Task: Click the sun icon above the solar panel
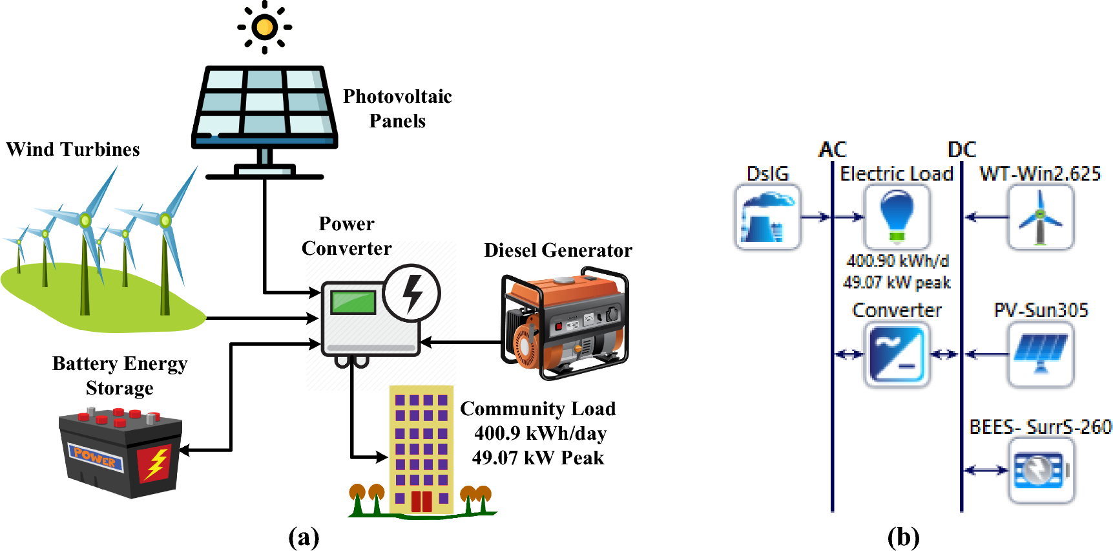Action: point(264,27)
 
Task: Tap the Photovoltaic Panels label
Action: point(397,109)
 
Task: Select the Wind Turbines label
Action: point(73,149)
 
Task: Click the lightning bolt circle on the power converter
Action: point(411,293)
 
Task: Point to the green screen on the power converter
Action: point(353,302)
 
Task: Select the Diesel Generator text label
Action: point(558,250)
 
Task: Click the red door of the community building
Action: point(421,501)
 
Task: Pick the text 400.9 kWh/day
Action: point(540,433)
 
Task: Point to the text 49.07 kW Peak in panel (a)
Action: point(538,458)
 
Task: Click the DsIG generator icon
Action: point(767,217)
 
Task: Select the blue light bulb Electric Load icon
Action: point(897,217)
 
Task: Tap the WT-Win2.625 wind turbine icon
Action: point(1040,217)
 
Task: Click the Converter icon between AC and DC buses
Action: point(897,354)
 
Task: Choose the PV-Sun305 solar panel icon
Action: point(1040,354)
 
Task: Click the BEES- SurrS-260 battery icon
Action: point(1040,471)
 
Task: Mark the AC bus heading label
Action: point(832,150)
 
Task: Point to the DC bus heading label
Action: point(961,150)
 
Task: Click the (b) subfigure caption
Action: point(903,537)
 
